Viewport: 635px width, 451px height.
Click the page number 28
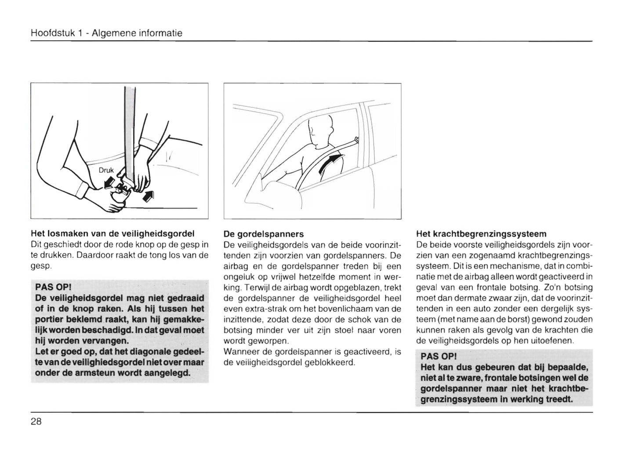(x=36, y=422)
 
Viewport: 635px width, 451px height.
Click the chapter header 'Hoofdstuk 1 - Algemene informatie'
(x=106, y=33)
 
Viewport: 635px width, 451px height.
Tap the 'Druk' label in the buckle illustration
(x=106, y=170)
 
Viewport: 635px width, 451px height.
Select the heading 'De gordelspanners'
(x=263, y=234)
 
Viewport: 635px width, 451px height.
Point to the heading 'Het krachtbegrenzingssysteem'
(x=481, y=234)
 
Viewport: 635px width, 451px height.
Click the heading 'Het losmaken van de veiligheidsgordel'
(x=112, y=233)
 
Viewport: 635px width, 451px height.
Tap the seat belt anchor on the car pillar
(x=356, y=140)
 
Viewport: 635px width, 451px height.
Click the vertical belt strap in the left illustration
(x=130, y=132)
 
